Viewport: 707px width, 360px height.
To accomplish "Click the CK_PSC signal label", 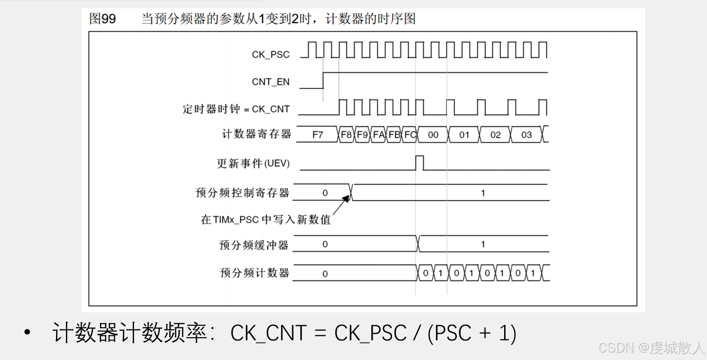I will (271, 54).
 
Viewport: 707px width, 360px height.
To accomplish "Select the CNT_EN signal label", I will (271, 82).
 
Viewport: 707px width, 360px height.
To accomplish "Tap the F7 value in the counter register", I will (317, 135).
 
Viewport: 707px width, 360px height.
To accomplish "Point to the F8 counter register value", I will (346, 135).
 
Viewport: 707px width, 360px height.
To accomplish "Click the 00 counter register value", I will (433, 135).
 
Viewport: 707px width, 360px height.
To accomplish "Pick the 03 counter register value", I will (526, 135).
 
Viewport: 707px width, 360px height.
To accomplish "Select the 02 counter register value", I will (495, 135).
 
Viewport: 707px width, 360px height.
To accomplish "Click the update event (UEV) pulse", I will (419, 163).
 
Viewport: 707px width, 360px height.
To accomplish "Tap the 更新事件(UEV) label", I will (253, 163).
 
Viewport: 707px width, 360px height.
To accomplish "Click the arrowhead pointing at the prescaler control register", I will (346, 199).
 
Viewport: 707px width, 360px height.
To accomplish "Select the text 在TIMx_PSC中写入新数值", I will (266, 219).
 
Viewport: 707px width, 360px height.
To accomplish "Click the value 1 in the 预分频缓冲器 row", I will (483, 244).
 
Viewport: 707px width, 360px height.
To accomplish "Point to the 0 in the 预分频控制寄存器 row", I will (325, 193).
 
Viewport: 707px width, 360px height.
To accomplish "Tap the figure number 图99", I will (102, 19).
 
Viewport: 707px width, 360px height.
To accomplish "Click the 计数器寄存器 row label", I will (256, 134).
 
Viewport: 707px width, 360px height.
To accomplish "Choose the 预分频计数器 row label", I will (254, 273).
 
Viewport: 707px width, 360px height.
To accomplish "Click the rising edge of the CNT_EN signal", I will (323, 80).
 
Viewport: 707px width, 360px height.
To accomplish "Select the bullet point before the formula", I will (27, 332).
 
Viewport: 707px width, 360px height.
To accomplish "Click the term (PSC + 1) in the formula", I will (472, 333).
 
